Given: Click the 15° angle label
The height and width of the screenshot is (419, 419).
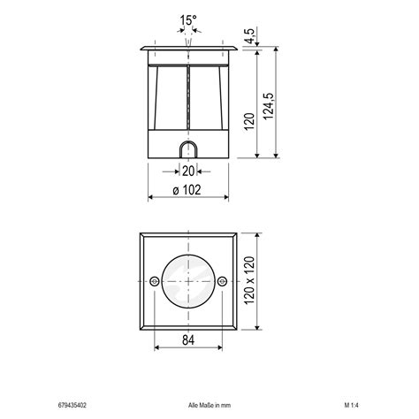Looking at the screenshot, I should point(188,19).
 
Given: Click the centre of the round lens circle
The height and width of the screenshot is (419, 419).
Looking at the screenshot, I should point(187,281).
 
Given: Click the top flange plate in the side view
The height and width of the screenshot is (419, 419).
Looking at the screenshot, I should point(188,46).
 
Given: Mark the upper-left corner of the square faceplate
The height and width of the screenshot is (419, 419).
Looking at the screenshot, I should point(141,234).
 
